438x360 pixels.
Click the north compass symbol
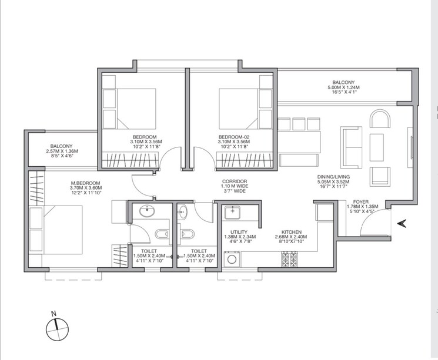(56, 330)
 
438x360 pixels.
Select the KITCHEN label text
(292, 232)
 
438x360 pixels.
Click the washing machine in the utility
(232, 258)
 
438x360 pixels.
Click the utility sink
(233, 212)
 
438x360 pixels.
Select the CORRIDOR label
(234, 181)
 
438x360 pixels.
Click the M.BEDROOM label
(86, 182)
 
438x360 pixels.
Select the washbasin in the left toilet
(145, 212)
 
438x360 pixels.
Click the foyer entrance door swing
(374, 222)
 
